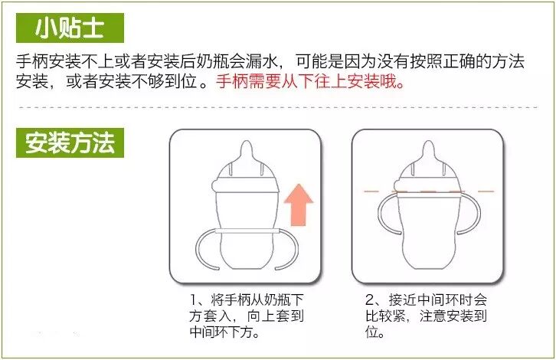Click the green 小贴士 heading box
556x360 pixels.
click(x=70, y=28)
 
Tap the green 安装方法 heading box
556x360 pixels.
click(x=70, y=143)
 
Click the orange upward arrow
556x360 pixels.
click(x=299, y=205)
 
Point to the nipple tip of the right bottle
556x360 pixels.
click(x=428, y=142)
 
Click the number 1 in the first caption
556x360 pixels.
click(x=193, y=300)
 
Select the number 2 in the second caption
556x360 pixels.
click(x=370, y=300)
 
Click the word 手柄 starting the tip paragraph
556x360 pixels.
click(x=32, y=61)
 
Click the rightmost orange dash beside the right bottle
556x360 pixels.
click(x=486, y=191)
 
